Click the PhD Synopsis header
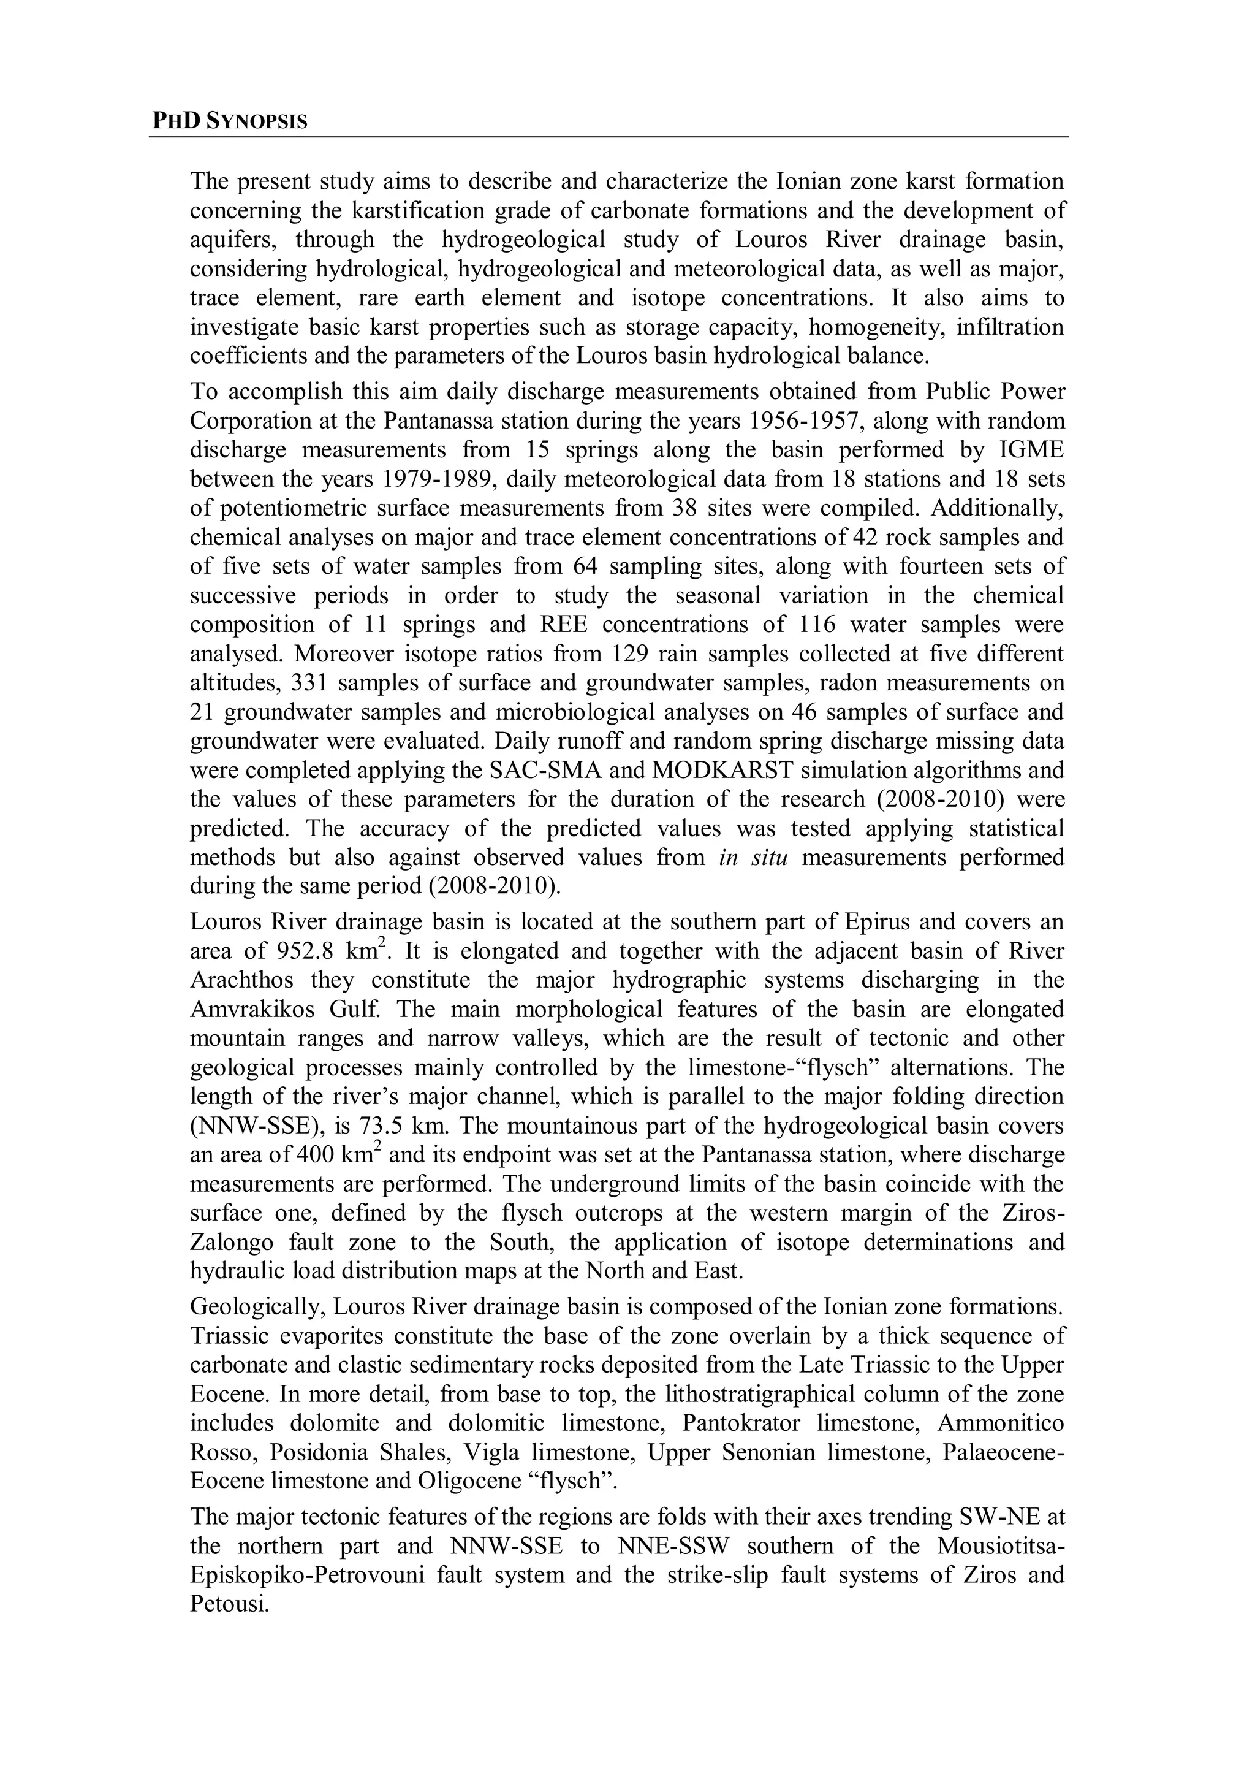(x=230, y=121)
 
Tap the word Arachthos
(x=242, y=980)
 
